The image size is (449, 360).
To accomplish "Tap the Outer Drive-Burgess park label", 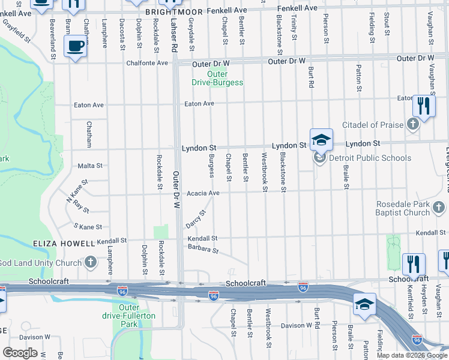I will coord(217,78).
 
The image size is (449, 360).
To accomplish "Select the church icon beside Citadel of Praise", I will coord(412,124).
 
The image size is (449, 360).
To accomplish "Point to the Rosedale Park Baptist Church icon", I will coord(439,208).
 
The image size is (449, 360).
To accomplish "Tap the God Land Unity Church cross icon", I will coord(90,262).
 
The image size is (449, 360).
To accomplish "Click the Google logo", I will coord(20,353).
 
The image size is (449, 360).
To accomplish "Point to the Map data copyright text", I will coord(412,355).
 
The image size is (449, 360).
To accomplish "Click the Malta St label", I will coord(90,166).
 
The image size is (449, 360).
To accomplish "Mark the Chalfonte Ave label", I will coord(147,63).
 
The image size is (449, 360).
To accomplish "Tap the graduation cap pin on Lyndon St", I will coord(321,140).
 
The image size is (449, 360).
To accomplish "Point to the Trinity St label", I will coord(294,28).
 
